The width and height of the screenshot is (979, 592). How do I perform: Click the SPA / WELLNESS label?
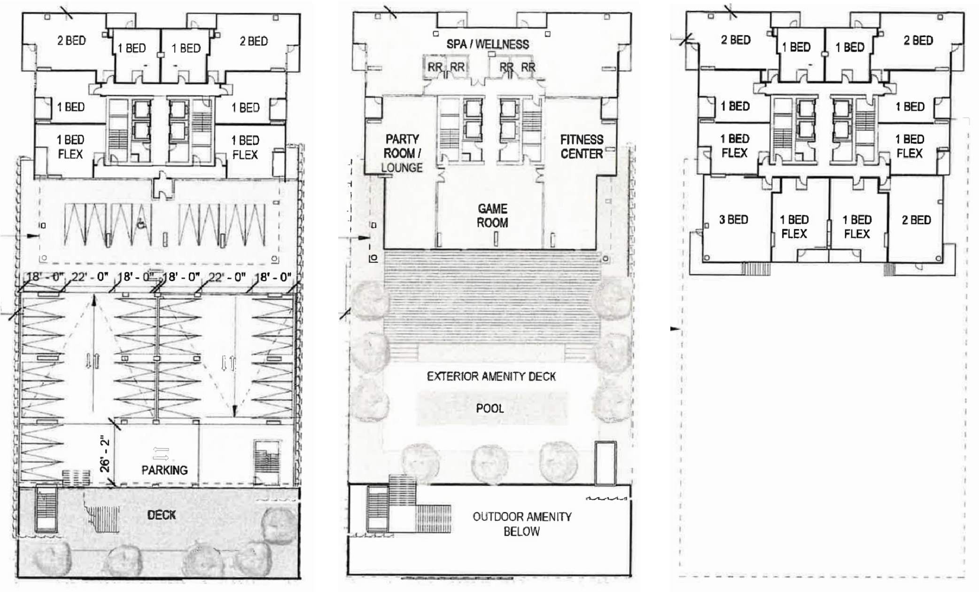coord(488,44)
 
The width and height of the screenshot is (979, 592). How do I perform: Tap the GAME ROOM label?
coord(492,215)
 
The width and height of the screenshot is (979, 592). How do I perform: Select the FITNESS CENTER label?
coord(582,146)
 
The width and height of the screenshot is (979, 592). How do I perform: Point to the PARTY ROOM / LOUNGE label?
coord(402,153)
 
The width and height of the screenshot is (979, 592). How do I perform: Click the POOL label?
coord(490,408)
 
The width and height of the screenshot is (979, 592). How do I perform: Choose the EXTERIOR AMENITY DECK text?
coord(491,376)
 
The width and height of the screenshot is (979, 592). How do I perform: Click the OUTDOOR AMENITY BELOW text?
coord(522,524)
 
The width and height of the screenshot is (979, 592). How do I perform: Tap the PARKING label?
coord(164,470)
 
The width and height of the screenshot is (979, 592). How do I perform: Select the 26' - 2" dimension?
coord(104,455)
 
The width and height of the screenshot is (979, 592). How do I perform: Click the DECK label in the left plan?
coord(161,515)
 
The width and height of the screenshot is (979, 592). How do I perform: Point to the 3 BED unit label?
coord(733,219)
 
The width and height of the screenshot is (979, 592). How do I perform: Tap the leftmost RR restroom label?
coord(435,68)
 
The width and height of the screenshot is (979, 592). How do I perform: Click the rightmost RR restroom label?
coord(528,68)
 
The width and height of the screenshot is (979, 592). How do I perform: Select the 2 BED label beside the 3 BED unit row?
coord(916,220)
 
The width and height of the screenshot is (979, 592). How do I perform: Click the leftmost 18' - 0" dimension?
coord(45,277)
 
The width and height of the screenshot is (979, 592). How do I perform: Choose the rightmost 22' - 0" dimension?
coord(227,277)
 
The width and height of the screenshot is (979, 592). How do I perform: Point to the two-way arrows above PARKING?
coord(161,453)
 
